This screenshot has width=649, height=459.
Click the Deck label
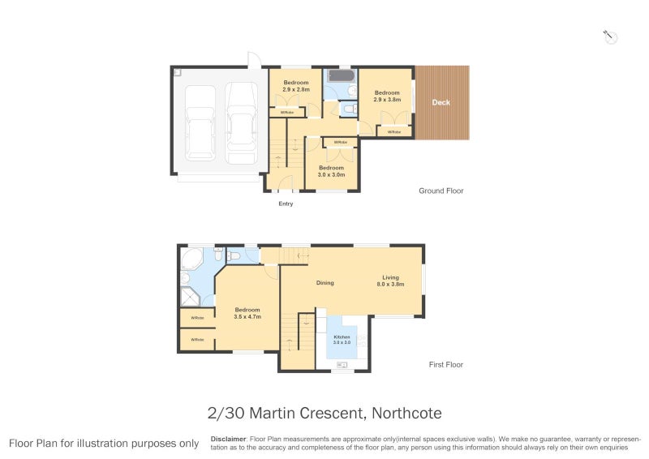pos(441,102)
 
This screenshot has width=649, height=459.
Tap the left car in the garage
pos(200,122)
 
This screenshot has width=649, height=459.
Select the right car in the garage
pos(241,122)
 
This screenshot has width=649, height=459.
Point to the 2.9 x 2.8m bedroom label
pos(295,87)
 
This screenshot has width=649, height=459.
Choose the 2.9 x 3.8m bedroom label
pos(387,97)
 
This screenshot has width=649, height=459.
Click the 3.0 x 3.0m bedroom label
pos(331,171)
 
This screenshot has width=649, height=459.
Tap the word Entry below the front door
pos(286,204)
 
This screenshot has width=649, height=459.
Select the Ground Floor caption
pos(441,191)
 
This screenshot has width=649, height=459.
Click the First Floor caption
pos(445,365)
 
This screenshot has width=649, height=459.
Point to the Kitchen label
pos(342,339)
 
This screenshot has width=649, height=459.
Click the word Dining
pos(324,283)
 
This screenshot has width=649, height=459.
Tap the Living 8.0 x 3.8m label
pos(390,281)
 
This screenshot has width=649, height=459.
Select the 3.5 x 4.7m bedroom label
pos(247,313)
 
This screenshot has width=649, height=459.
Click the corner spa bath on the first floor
pos(191,260)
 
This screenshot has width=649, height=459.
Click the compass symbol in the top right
pos(611,36)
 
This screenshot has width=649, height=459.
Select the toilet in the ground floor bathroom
pos(348,109)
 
